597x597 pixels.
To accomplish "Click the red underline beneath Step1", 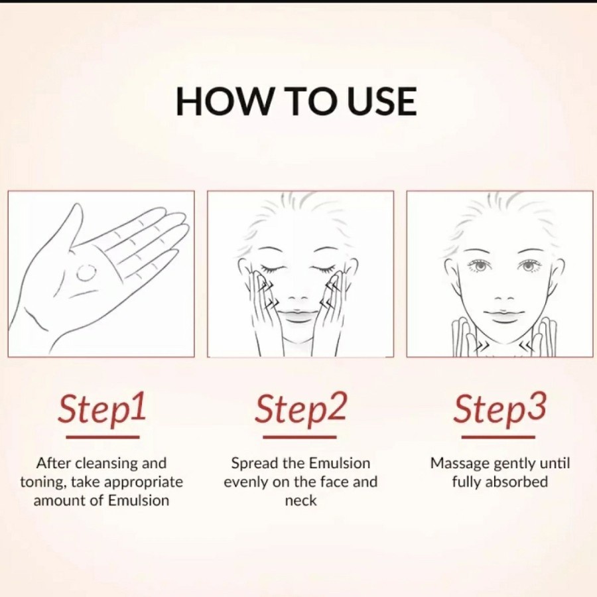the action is tap(102, 437).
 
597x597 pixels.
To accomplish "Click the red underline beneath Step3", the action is tap(498, 437).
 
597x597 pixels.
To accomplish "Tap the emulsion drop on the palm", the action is tap(86, 272).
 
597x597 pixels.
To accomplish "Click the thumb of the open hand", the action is tap(68, 228).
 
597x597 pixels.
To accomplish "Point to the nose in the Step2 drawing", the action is tap(298, 297).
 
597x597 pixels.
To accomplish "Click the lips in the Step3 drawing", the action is tap(502, 315).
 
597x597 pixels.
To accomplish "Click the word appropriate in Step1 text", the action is tap(143, 483).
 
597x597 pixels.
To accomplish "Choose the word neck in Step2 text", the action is tap(300, 500).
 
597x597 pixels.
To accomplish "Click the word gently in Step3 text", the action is tap(515, 464).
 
